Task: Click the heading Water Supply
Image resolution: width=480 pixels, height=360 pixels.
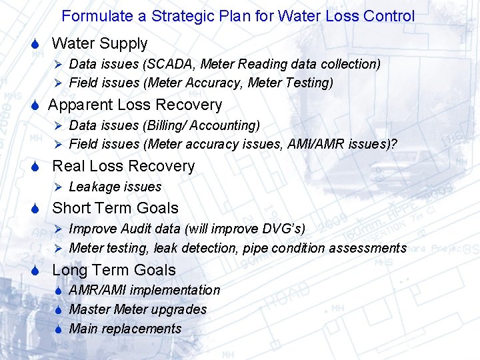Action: click(99, 44)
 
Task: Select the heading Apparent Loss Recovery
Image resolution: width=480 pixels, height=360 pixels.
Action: click(135, 105)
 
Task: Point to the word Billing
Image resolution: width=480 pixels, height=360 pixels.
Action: click(167, 125)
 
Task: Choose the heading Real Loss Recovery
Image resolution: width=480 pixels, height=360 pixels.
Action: click(123, 167)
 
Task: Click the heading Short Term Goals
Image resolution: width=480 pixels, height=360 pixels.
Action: click(115, 209)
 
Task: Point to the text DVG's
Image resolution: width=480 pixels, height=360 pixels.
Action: click(283, 229)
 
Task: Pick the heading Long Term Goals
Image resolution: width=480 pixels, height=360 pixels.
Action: click(114, 271)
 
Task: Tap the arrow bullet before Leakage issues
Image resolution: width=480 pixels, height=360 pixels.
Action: click(58, 187)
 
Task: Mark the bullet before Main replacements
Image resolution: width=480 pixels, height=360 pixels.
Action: click(59, 329)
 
